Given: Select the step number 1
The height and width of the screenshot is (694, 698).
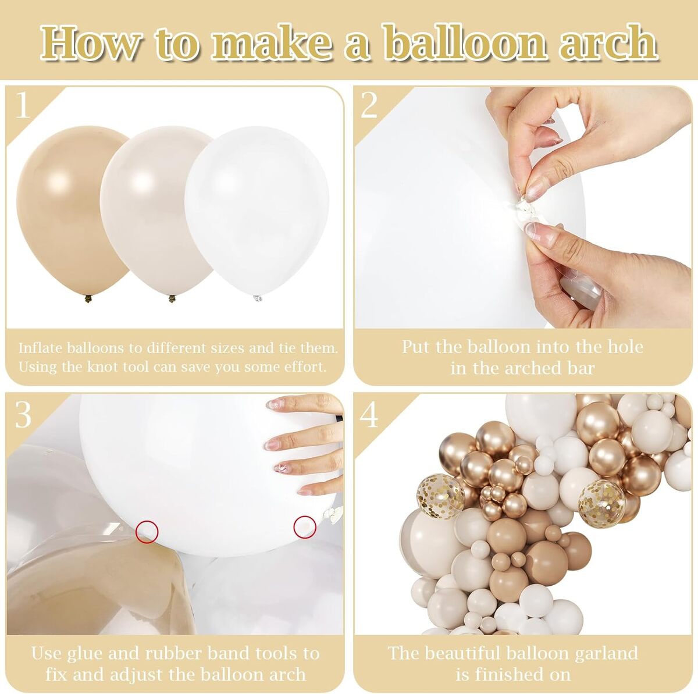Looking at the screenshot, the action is (x=23, y=105).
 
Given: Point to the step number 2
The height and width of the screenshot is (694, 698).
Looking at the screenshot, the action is (x=369, y=105).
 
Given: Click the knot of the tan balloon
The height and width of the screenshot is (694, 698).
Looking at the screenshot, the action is (x=88, y=298).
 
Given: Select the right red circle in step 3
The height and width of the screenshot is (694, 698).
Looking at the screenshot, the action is (x=305, y=526).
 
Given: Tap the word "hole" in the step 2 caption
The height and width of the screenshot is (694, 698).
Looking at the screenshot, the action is (x=622, y=347).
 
